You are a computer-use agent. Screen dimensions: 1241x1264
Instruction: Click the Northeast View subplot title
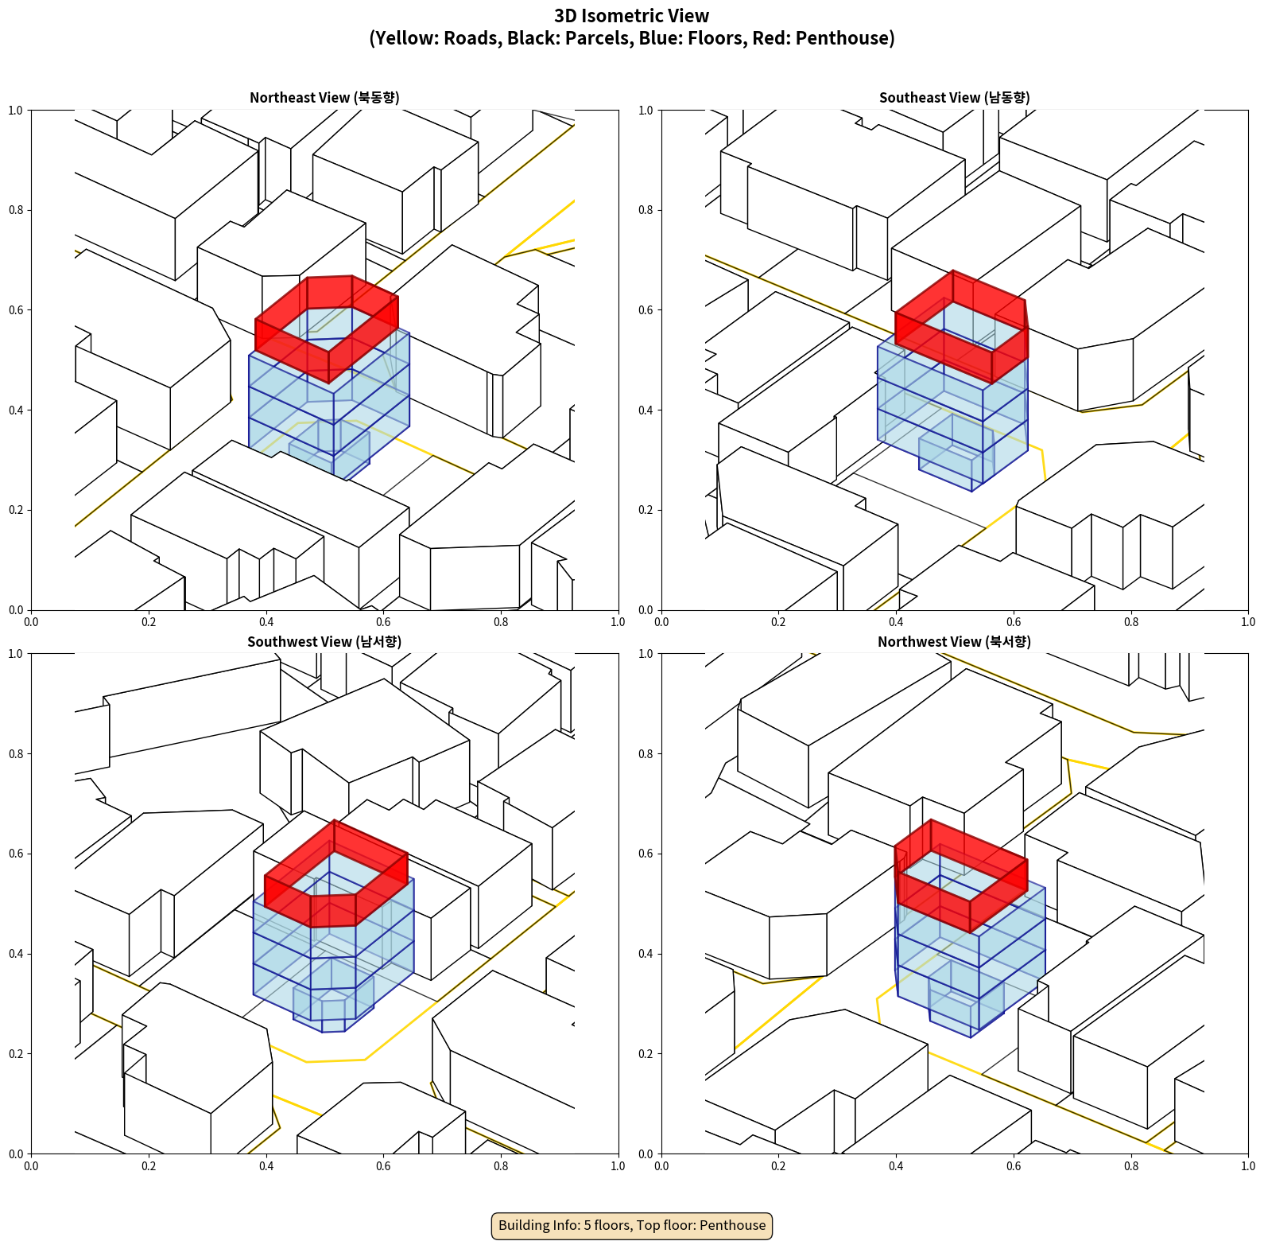tap(324, 98)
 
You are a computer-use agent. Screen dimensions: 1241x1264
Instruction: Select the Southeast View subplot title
tap(954, 98)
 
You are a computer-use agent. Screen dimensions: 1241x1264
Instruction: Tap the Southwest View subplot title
tap(324, 642)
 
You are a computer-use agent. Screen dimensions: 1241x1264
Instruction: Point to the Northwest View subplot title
tap(954, 642)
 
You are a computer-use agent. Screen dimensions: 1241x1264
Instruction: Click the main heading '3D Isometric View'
tap(631, 16)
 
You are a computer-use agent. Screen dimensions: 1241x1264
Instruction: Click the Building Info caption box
tap(632, 1225)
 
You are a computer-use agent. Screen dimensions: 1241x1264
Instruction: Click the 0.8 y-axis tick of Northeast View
tap(15, 210)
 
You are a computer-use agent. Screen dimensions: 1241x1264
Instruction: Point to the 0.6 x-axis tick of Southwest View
tap(383, 1166)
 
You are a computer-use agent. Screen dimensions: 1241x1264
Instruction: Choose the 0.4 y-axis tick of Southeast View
tap(646, 410)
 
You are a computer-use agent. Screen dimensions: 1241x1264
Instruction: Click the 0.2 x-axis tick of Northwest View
tap(778, 1166)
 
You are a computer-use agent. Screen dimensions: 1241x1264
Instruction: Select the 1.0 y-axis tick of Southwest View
tap(15, 654)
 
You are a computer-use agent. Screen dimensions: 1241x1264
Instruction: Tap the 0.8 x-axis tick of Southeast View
tap(1130, 622)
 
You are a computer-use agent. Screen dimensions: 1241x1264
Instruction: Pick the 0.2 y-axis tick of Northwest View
tap(646, 1054)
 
